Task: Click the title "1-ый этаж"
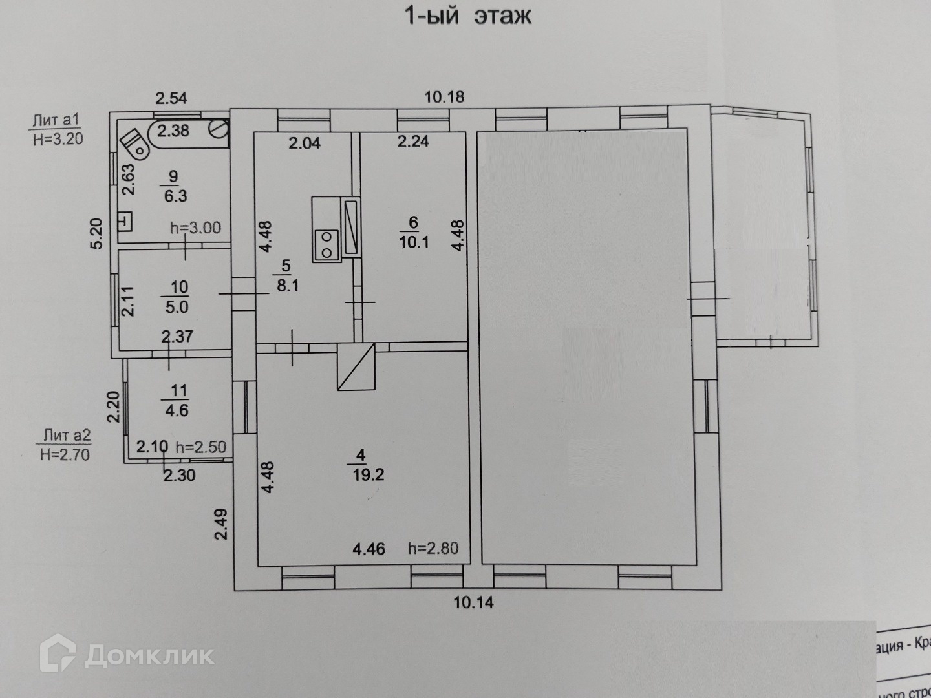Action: (x=467, y=15)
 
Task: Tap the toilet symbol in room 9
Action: (x=135, y=144)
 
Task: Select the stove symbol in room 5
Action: (x=327, y=244)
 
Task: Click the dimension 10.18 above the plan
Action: (x=444, y=98)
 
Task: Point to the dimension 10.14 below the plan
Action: (x=473, y=602)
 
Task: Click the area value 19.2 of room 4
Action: (x=369, y=475)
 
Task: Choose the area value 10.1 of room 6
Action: (x=414, y=242)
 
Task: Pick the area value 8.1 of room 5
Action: (x=288, y=285)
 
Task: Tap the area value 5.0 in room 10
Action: (x=177, y=306)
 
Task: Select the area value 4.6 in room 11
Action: (x=177, y=410)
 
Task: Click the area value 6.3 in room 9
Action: (x=175, y=196)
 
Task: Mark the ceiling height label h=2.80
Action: (x=433, y=549)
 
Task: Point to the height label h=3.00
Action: (x=195, y=227)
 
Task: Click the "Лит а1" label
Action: (x=56, y=120)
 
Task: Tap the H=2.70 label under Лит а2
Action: (x=65, y=454)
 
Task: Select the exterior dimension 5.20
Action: (x=96, y=235)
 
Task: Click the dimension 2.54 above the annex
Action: (x=171, y=98)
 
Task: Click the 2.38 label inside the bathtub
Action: (x=173, y=131)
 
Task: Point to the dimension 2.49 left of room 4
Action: (x=221, y=524)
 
